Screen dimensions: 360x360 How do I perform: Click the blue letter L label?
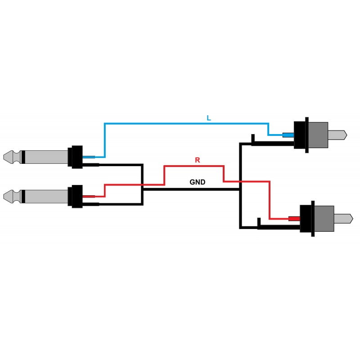(x=209, y=118)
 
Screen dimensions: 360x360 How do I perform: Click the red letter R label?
(x=198, y=160)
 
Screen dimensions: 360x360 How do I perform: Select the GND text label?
(x=198, y=182)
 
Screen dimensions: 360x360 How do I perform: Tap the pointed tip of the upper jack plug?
(x=4, y=157)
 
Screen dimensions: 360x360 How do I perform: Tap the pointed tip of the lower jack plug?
(x=4, y=197)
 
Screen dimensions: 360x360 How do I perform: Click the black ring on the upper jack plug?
(x=23, y=157)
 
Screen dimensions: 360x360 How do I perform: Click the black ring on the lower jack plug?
(x=23, y=197)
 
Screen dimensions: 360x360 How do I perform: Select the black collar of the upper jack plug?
(x=75, y=157)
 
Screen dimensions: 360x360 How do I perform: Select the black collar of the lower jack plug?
(x=75, y=197)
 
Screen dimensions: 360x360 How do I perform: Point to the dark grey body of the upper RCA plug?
(x=318, y=135)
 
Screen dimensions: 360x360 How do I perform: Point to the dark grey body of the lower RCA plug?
(x=324, y=219)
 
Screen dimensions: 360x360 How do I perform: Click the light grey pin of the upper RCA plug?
(x=337, y=135)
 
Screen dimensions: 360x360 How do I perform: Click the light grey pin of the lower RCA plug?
(x=343, y=219)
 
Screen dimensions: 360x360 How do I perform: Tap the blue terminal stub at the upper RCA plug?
(x=288, y=135)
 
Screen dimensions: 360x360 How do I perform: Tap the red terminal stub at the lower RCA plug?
(x=294, y=219)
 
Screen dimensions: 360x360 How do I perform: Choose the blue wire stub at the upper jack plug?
(x=89, y=157)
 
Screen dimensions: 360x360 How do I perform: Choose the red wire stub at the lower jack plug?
(x=89, y=197)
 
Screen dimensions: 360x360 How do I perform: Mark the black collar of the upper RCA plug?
(x=301, y=135)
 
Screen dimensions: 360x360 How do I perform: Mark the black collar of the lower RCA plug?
(x=307, y=219)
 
